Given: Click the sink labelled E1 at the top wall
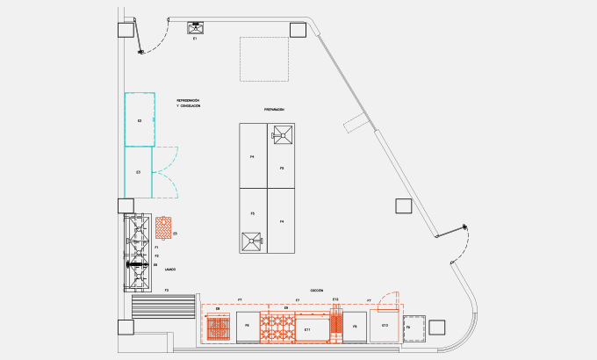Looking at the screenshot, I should point(195,27).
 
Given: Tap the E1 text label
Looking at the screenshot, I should point(195,40).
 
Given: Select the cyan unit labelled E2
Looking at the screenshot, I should point(140,119).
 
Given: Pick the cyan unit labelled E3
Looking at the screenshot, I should point(139,172).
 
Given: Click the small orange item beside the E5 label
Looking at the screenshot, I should point(164,228).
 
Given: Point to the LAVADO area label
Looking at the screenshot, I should point(170,269).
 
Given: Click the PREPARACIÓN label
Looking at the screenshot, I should point(274,110).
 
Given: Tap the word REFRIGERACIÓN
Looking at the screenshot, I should point(188,101).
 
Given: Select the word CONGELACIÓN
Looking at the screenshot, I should point(191,107).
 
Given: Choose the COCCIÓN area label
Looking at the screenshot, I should point(317,290).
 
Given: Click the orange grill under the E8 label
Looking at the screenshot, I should point(219,329).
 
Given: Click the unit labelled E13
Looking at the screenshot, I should point(385,326).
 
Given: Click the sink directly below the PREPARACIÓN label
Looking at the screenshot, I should point(283,134).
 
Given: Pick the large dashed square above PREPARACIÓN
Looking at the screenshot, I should point(265,61).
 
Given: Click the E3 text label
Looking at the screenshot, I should point(139,172).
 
